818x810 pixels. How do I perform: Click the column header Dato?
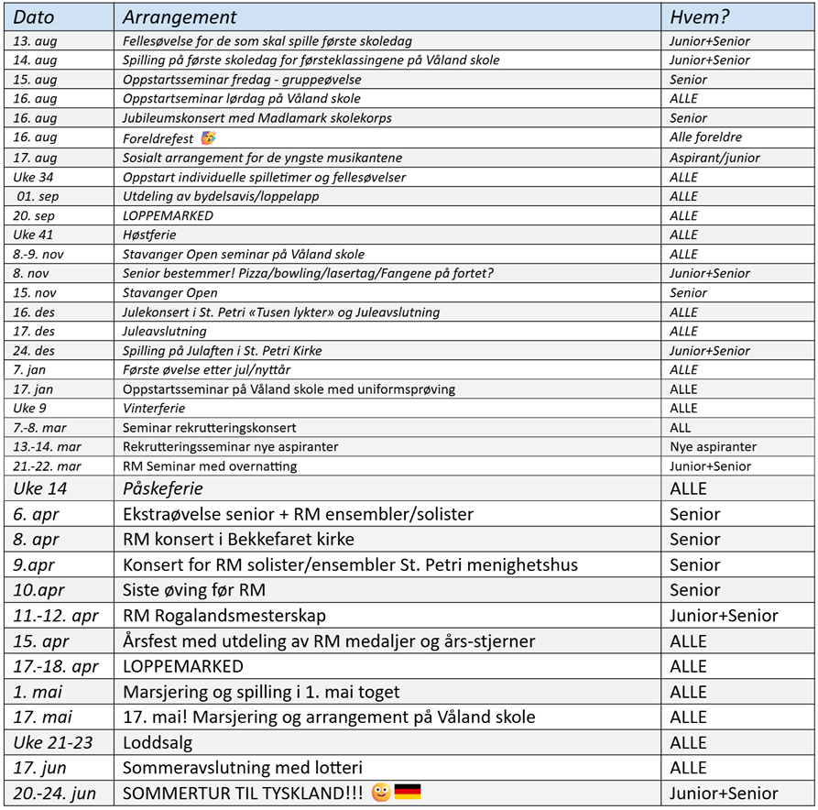34,17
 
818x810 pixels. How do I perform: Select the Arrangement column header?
180,17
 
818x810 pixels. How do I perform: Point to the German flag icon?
408,792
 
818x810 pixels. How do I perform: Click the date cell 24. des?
35,351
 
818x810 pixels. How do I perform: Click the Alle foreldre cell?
705,138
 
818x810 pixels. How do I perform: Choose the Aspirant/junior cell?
714,158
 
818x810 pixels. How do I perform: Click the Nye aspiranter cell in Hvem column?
713,447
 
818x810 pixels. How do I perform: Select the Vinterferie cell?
154,409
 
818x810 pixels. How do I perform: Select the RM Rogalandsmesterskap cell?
224,616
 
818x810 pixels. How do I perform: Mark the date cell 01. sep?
37,196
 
